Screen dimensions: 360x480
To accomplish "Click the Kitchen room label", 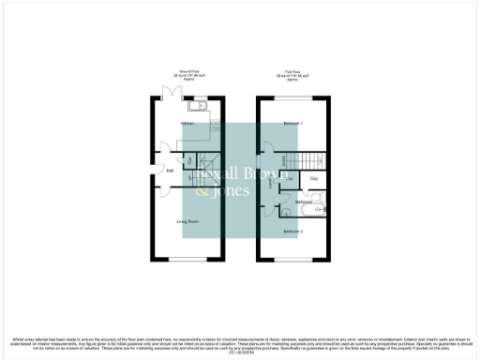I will tap(173, 123).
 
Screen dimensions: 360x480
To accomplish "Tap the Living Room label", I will tap(187, 221).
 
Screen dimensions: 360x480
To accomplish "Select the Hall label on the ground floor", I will tap(170, 170).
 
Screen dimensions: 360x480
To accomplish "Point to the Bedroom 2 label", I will tap(293, 231).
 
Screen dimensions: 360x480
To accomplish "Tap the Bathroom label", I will tap(304, 202).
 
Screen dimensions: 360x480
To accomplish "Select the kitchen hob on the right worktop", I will tap(214, 122).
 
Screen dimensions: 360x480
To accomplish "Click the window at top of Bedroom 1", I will tap(292, 98).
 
